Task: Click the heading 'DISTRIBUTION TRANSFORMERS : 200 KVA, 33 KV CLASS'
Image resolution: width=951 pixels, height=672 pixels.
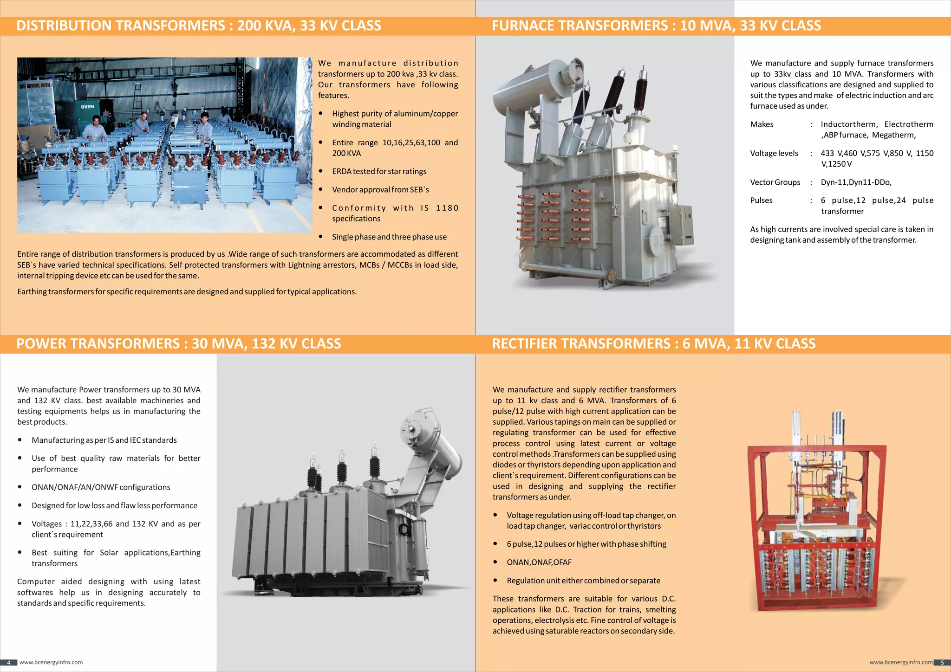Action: (x=199, y=26)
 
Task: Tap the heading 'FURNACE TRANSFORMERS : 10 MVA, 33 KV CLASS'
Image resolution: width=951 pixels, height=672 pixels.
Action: (x=656, y=26)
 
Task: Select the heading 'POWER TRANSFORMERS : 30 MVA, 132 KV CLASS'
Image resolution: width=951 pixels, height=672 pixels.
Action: (x=179, y=344)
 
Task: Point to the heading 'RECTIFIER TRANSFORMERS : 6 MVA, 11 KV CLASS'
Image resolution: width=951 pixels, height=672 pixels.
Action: (x=653, y=344)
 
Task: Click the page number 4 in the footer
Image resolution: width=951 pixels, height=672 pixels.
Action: (x=8, y=663)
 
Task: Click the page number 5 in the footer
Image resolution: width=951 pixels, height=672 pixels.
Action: (x=942, y=663)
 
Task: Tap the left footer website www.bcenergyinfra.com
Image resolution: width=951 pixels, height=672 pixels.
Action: (x=51, y=663)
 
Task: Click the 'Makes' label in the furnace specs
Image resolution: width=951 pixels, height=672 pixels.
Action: (x=762, y=124)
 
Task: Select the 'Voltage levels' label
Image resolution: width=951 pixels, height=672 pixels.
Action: (x=774, y=154)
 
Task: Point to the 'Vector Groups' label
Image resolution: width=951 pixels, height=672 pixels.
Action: (x=775, y=182)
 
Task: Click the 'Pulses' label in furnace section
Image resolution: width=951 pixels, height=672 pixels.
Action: (x=761, y=200)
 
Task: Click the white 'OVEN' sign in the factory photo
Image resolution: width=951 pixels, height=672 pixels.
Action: (x=87, y=107)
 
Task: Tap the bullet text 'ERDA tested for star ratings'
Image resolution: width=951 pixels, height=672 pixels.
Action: (x=379, y=172)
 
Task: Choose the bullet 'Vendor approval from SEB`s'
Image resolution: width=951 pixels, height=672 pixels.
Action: (x=380, y=190)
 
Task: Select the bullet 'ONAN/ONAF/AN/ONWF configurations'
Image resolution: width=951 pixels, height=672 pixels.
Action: (x=101, y=487)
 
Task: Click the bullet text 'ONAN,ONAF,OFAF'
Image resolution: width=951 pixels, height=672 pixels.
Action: (x=539, y=562)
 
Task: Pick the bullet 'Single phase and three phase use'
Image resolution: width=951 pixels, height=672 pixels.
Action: (x=389, y=237)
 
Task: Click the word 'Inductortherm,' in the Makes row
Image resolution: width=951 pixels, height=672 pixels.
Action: (x=849, y=124)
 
